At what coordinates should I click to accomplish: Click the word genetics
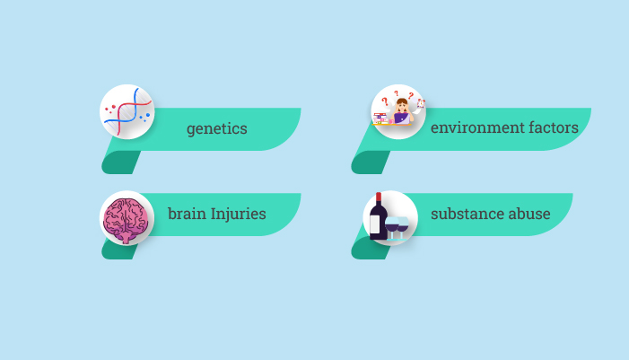tap(216, 128)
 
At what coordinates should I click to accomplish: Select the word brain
tap(186, 214)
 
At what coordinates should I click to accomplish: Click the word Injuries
tap(238, 214)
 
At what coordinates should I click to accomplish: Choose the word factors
tap(550, 127)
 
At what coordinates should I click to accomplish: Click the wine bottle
tap(378, 220)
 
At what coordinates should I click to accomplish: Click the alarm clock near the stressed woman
tap(420, 103)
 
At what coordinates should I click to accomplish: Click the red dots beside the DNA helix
tap(110, 109)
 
